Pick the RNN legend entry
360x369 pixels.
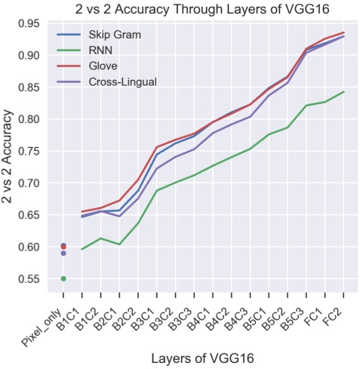100,51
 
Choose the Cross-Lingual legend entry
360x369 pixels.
122,81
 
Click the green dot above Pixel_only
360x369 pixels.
63,278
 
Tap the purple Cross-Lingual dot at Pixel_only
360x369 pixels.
63,253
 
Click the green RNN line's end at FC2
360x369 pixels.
344,92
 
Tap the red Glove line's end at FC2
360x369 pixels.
344,32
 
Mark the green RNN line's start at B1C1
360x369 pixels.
82,249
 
